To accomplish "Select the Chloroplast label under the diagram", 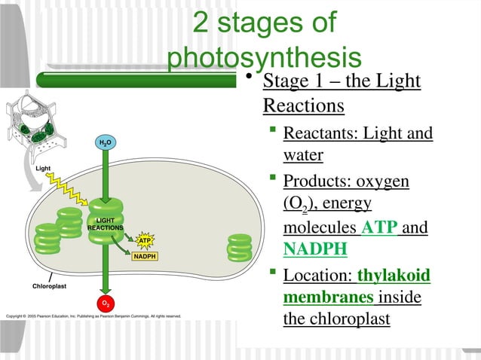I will tap(50, 286).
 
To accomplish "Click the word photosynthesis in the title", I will tap(265, 58).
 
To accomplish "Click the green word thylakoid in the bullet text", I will tap(394, 276).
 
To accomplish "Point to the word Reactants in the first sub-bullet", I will tap(320, 134).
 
